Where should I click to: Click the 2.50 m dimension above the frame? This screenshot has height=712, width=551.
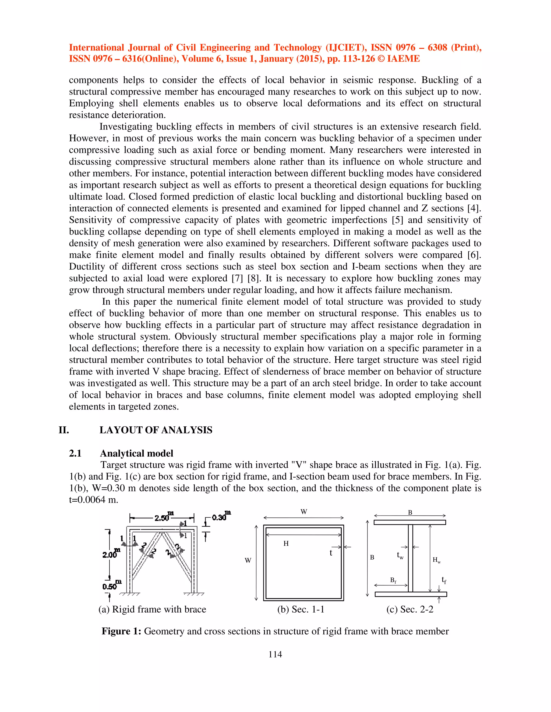(x=163, y=518)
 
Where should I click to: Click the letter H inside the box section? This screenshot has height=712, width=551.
(x=286, y=544)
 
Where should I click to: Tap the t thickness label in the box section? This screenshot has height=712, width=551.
(x=331, y=553)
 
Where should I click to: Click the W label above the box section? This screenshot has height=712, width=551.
(x=303, y=512)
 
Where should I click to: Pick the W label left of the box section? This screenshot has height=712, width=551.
(x=248, y=560)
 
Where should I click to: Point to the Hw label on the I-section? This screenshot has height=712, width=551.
(x=437, y=560)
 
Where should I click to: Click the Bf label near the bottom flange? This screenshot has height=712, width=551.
(x=393, y=580)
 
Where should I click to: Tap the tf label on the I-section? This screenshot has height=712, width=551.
(x=444, y=580)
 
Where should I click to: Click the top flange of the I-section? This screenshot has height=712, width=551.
(x=410, y=522)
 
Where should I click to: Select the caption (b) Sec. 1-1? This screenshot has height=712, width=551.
(x=301, y=609)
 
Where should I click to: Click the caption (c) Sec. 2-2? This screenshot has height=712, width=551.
(x=410, y=609)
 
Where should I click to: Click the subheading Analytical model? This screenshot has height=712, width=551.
(x=136, y=453)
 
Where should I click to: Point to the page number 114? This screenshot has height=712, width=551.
(x=275, y=654)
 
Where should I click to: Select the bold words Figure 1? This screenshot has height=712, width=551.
(x=121, y=631)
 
